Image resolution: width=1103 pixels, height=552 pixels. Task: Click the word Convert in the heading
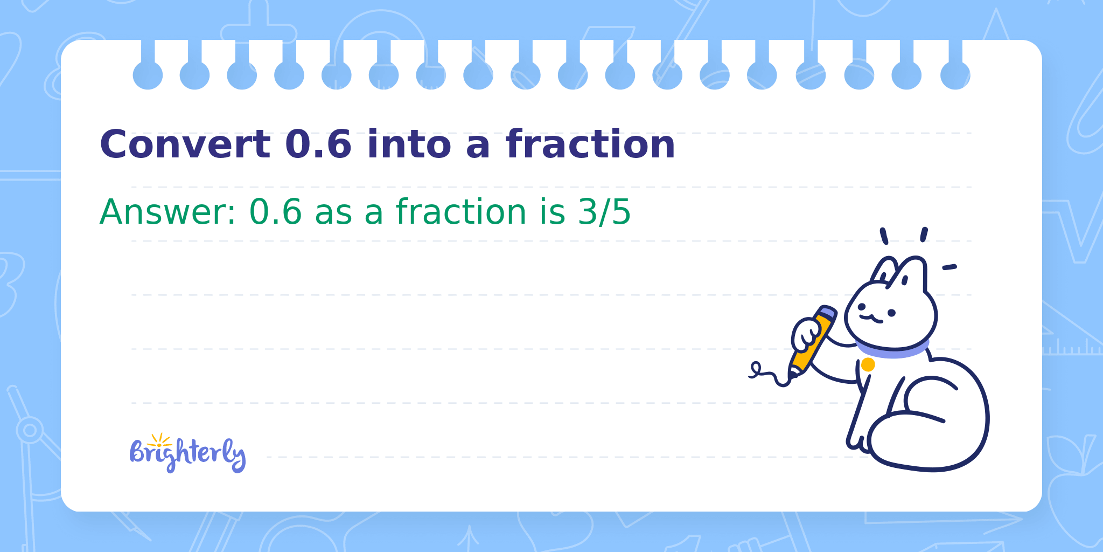pyautogui.click(x=185, y=144)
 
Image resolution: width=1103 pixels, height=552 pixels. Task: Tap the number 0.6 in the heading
pyautogui.click(x=318, y=144)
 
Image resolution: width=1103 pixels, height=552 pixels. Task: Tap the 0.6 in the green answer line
pyautogui.click(x=275, y=212)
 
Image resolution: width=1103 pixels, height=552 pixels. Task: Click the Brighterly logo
pyautogui.click(x=187, y=453)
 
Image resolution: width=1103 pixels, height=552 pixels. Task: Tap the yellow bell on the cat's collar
pyautogui.click(x=868, y=365)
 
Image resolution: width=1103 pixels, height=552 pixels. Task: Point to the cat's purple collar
pyautogui.click(x=892, y=349)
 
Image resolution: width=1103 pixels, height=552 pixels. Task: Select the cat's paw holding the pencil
pyautogui.click(x=806, y=336)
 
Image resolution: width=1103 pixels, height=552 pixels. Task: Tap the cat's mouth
pyautogui.click(x=871, y=319)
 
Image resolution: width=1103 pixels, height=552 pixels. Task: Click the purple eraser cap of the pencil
pyautogui.click(x=827, y=312)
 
